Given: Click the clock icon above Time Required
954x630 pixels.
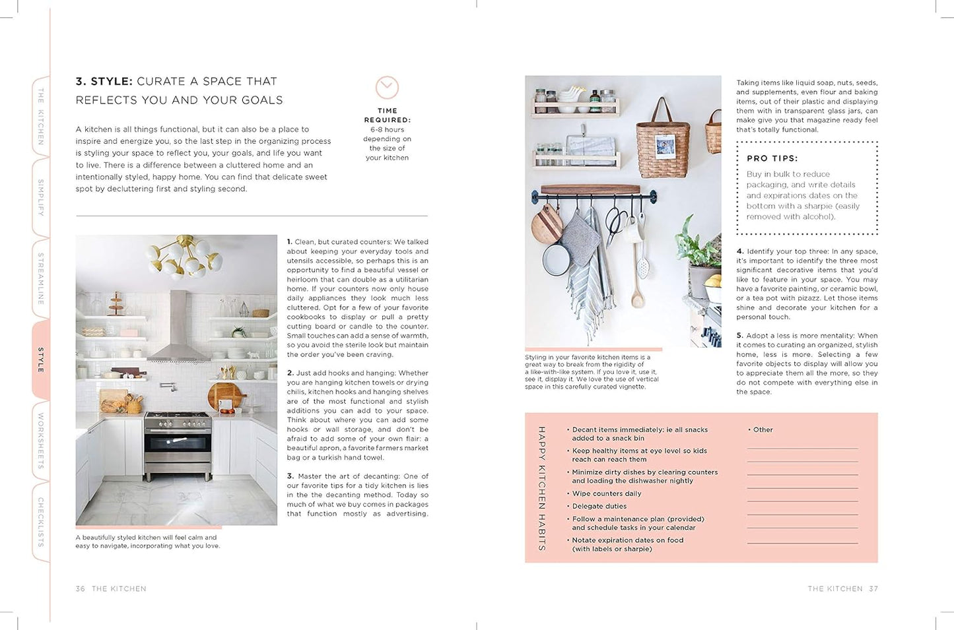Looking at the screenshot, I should [387, 88].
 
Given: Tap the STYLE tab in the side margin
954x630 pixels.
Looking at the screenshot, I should [41, 360].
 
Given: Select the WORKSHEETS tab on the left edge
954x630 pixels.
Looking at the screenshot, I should [41, 441].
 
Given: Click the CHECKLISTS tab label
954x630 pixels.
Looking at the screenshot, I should [41, 522].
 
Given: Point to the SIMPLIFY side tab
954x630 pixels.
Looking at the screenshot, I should [41, 197].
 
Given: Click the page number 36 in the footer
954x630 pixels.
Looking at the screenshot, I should [81, 588].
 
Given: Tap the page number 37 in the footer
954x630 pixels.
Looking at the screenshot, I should [873, 588].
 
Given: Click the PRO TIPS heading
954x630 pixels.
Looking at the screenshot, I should [772, 158].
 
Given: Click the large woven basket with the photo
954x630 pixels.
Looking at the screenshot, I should [662, 142].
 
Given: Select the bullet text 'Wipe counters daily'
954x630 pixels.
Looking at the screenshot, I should [606, 493].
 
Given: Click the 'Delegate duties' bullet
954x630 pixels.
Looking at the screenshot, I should [599, 506].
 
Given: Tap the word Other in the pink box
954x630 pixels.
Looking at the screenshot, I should [763, 429].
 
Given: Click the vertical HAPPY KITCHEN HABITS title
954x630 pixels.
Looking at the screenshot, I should [541, 488].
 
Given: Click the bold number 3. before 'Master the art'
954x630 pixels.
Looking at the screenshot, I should [290, 476].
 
